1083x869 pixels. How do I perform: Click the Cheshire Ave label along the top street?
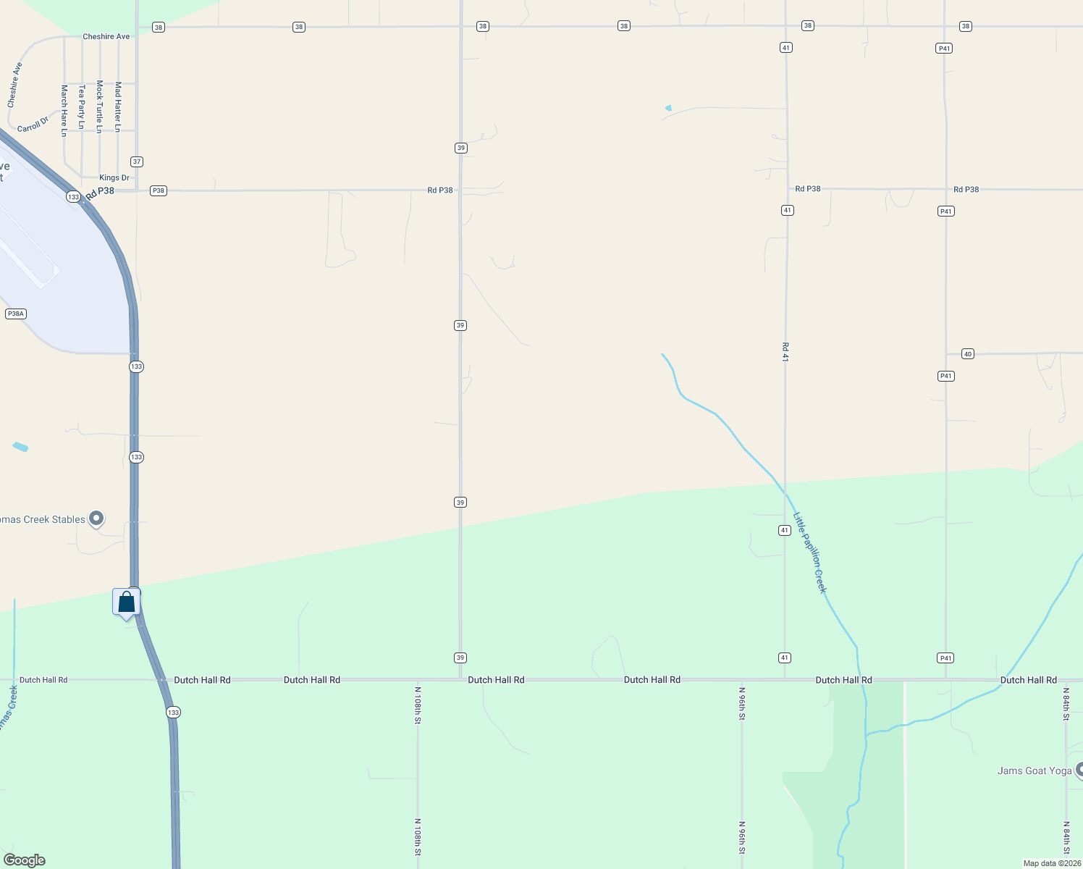(106, 36)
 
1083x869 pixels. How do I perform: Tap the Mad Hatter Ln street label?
(118, 106)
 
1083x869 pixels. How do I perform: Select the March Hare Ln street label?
(64, 110)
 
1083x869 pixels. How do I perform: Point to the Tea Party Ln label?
(82, 106)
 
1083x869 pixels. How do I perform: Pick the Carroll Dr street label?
(33, 124)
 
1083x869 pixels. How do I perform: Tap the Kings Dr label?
(114, 177)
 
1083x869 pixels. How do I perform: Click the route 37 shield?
(137, 161)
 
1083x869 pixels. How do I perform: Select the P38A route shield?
(15, 314)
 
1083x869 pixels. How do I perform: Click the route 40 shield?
(968, 354)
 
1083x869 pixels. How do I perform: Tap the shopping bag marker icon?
(127, 603)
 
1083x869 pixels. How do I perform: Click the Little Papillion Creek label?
(810, 553)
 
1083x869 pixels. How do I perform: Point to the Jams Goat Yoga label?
(1034, 771)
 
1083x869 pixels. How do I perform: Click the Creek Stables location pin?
(96, 519)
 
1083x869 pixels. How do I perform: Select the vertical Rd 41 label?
(785, 352)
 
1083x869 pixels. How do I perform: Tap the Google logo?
(25, 860)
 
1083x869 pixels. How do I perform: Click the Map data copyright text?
(1052, 863)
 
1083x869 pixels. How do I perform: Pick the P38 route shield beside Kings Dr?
(158, 190)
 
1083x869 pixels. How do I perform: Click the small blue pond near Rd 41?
(668, 108)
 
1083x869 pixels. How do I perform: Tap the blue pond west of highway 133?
(20, 447)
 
